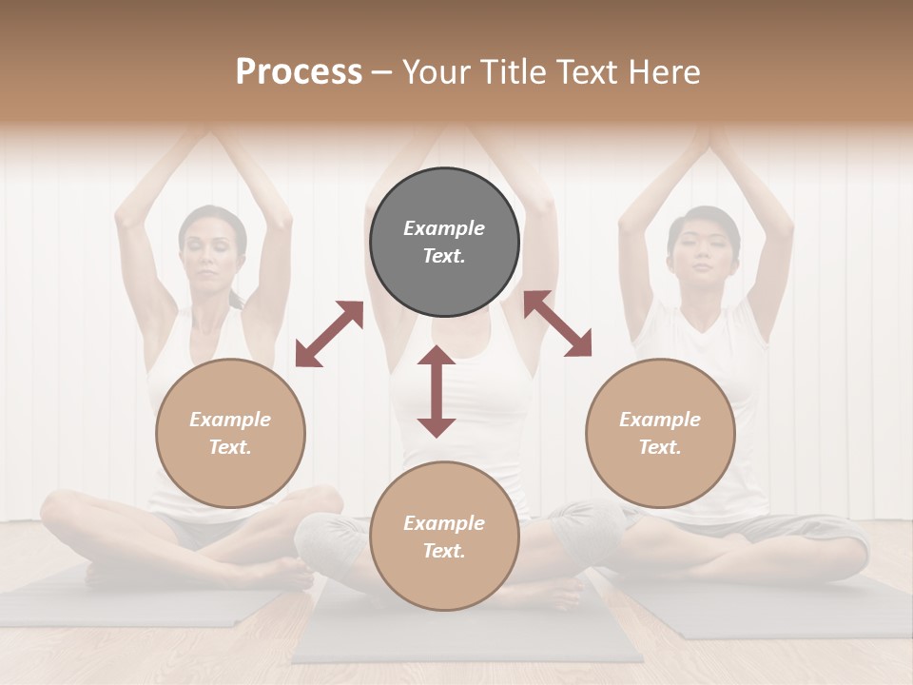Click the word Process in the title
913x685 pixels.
(x=299, y=72)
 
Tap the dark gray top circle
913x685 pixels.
(x=444, y=243)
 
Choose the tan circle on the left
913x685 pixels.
(x=230, y=433)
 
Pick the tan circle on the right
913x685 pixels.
(x=660, y=433)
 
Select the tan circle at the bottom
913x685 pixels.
(x=444, y=536)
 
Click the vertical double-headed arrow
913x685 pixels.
(x=437, y=391)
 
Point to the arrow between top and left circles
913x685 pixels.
(x=329, y=334)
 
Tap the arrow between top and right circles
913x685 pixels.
(x=557, y=324)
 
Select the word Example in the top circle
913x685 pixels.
(x=444, y=228)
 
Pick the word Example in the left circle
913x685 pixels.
(x=230, y=420)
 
